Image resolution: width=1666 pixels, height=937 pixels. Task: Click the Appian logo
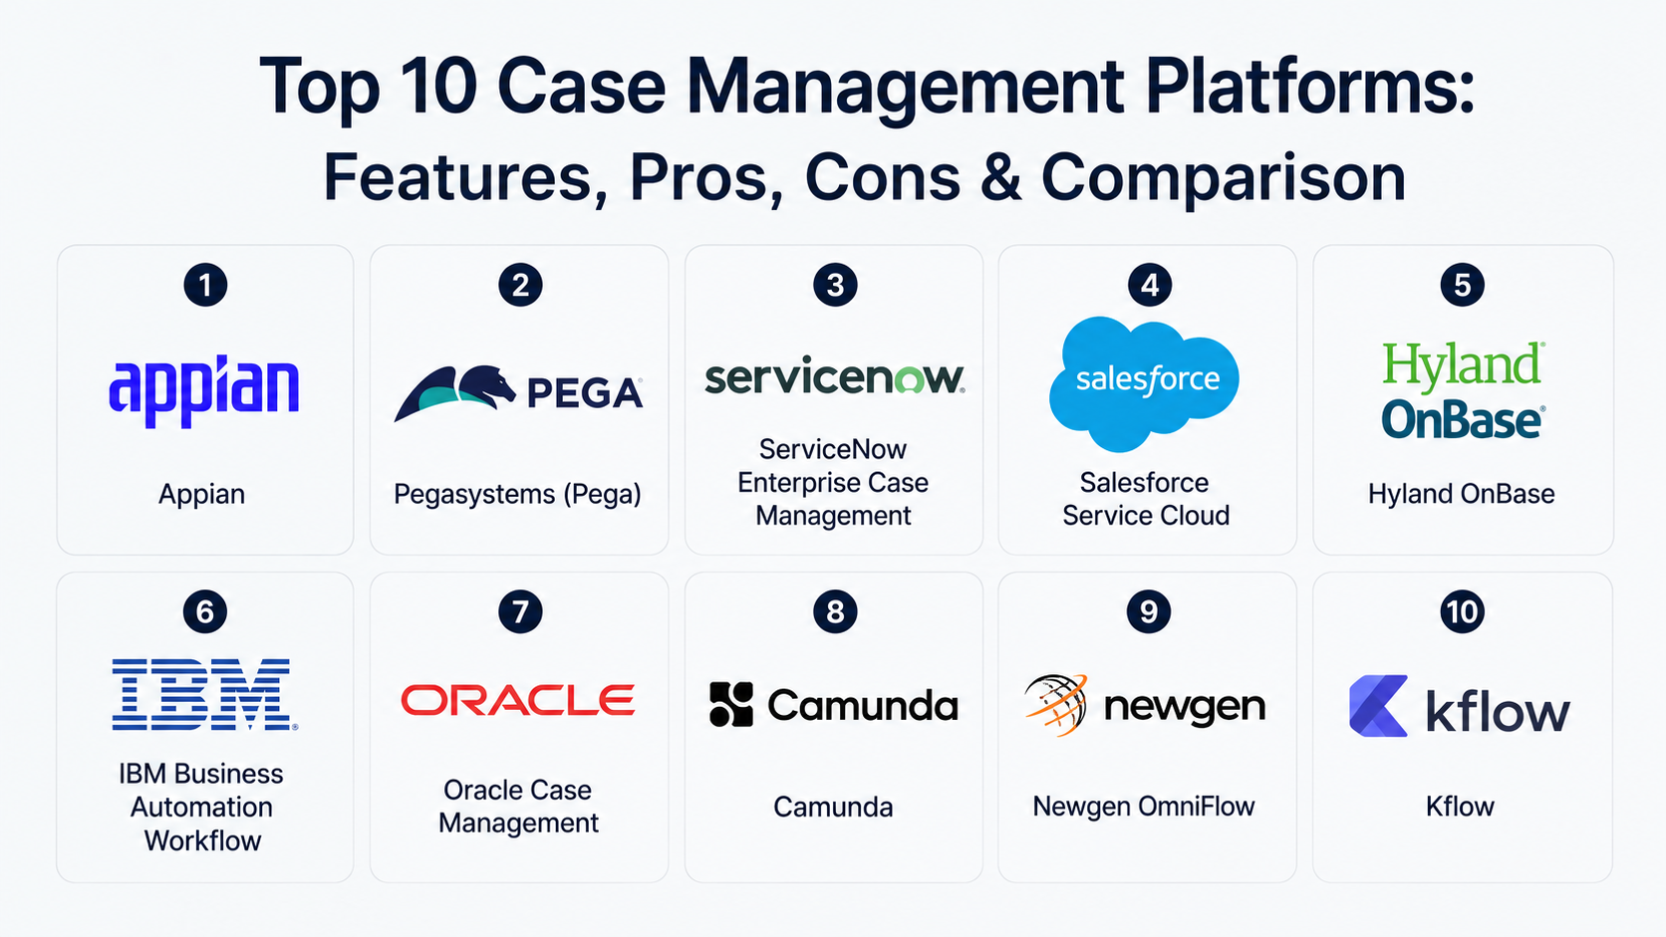[204, 391]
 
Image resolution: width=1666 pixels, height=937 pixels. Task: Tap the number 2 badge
[520, 285]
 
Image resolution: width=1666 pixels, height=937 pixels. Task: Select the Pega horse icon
[454, 392]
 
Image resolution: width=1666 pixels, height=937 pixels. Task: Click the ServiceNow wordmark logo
[834, 378]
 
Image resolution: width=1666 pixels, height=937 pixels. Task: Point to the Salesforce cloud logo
[1144, 383]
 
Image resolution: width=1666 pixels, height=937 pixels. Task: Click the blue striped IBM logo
[204, 694]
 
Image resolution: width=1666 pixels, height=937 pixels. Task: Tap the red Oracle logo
[518, 700]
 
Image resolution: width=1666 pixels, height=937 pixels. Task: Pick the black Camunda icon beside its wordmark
[731, 704]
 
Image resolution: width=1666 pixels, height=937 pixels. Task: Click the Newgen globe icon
[1056, 704]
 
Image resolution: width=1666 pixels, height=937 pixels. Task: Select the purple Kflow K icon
[1378, 706]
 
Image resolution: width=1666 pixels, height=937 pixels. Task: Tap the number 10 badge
[1462, 611]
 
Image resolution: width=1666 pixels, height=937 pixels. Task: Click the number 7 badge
[520, 611]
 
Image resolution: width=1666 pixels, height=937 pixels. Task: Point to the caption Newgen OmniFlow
[1144, 807]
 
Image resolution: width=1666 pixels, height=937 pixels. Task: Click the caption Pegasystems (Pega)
[518, 494]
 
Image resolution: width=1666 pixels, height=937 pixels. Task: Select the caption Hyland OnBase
[1462, 494]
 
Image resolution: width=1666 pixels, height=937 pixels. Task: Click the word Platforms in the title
[1310, 87]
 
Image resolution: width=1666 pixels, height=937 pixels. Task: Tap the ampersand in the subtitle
[1004, 177]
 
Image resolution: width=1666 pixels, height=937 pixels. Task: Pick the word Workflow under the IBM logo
[202, 840]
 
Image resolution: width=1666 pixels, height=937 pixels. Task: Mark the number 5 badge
[1462, 285]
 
